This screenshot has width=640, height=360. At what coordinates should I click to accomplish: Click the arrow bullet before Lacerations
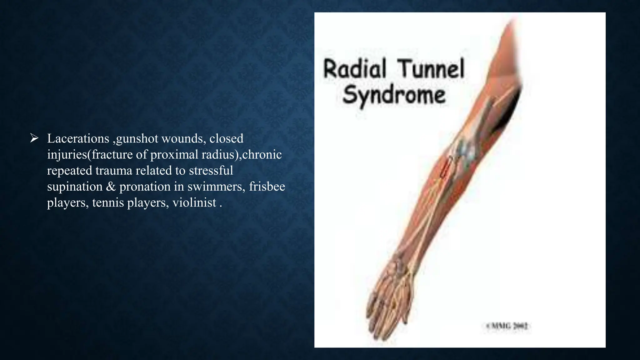[34, 138]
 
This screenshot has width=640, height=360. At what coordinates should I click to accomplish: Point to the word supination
[75, 187]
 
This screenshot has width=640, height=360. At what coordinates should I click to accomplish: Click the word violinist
[194, 202]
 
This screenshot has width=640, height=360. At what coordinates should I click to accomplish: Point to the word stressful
[211, 170]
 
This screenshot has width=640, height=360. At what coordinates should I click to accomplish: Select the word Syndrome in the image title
[394, 95]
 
